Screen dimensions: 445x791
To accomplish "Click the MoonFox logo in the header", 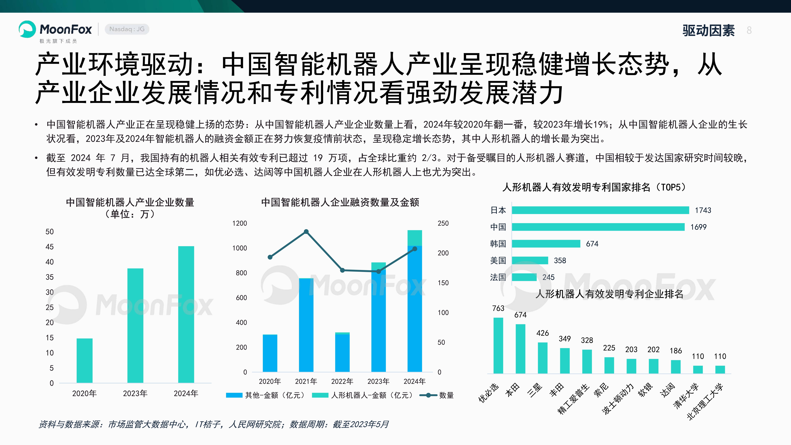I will [55, 30].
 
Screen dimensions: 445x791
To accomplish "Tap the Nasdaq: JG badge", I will [127, 29].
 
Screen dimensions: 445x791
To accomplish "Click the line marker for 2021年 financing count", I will [306, 232].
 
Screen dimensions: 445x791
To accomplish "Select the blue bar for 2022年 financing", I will [342, 353].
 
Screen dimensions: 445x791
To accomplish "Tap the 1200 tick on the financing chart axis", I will [239, 223].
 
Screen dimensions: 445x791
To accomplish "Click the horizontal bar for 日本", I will [600, 210].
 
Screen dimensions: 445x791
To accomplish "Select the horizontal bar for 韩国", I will [546, 244].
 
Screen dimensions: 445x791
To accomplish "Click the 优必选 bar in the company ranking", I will [498, 345].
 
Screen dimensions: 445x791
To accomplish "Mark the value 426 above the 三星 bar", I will [543, 333].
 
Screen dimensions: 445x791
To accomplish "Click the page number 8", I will [749, 30].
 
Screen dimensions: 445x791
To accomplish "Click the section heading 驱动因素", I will [708, 30].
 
